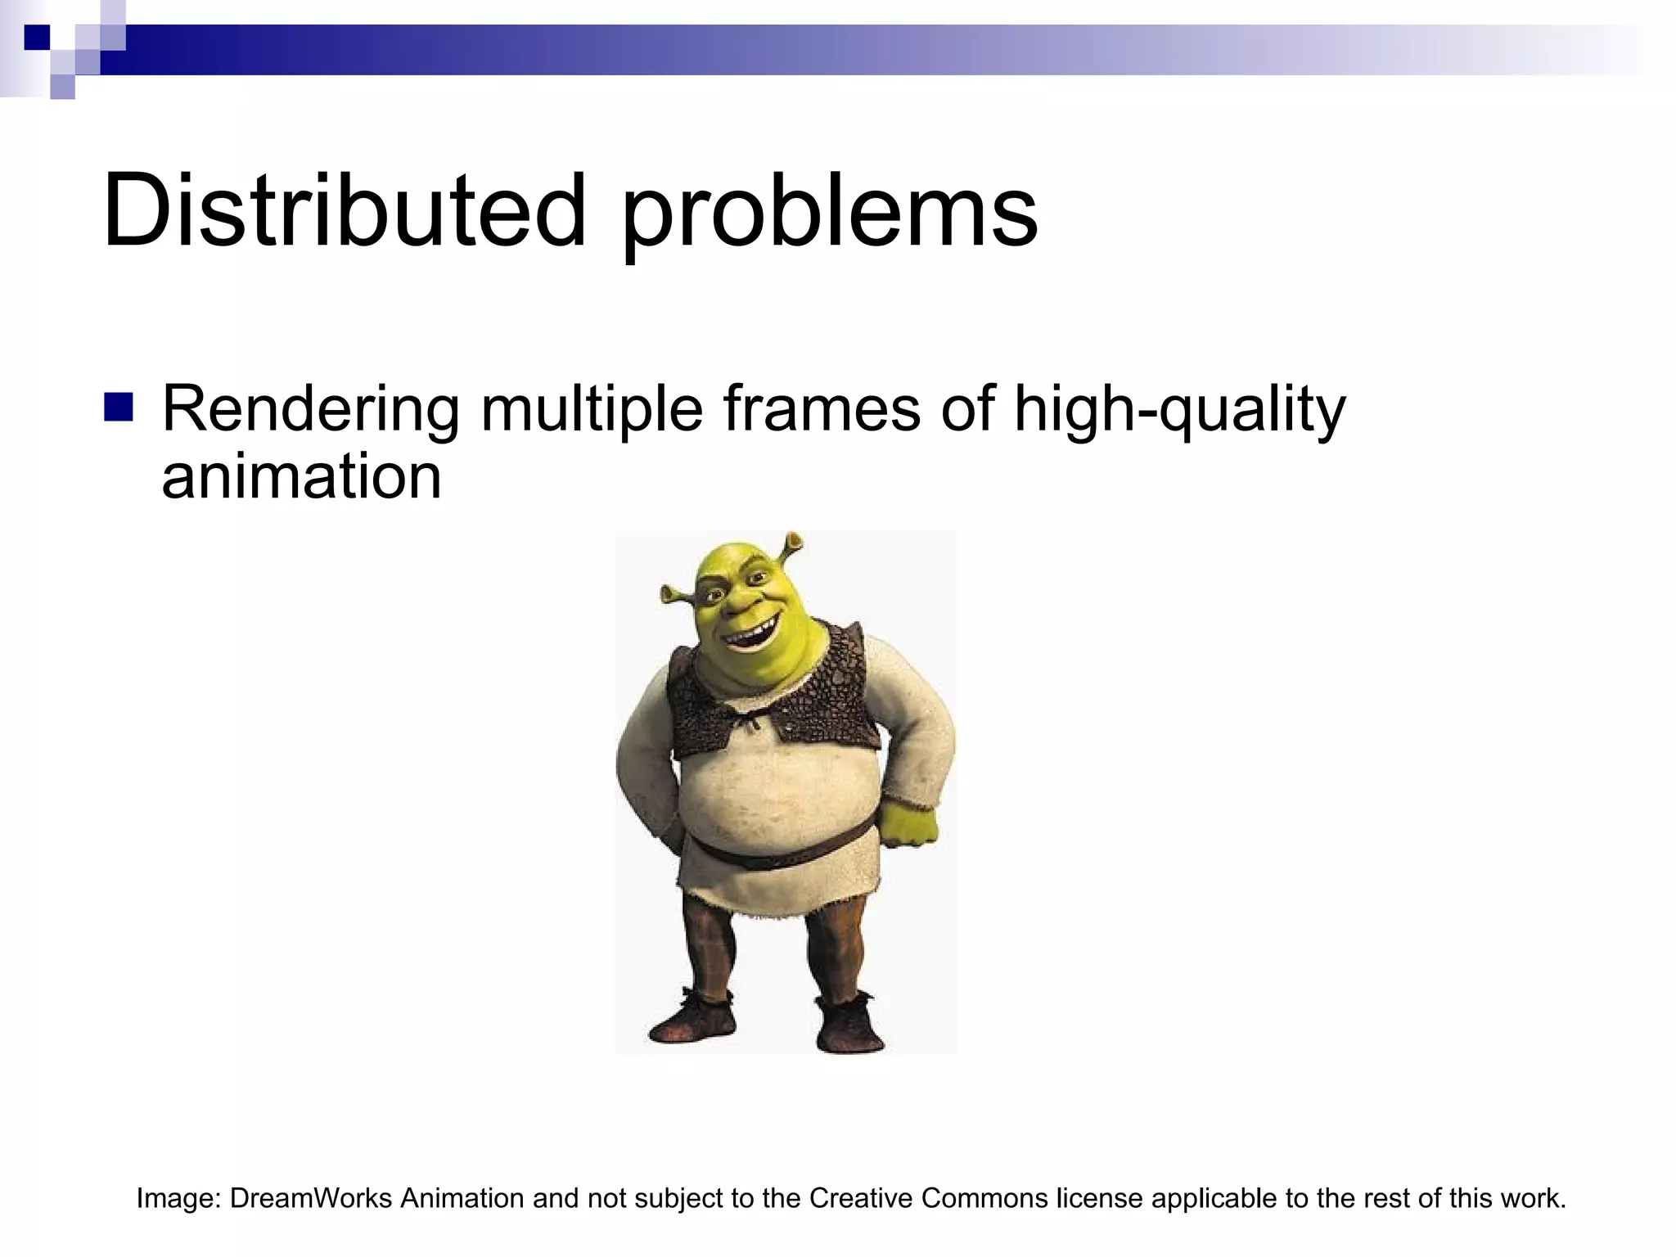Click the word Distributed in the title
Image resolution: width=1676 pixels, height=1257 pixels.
(344, 211)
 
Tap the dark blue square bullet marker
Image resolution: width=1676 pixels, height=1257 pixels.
(119, 408)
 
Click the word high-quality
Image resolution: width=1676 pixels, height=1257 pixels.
(1179, 410)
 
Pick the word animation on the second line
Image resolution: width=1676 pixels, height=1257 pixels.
(301, 476)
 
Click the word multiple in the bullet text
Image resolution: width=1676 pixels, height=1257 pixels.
(591, 410)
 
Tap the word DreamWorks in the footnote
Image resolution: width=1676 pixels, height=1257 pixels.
(311, 1198)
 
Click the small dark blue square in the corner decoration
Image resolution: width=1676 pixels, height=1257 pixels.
(37, 37)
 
